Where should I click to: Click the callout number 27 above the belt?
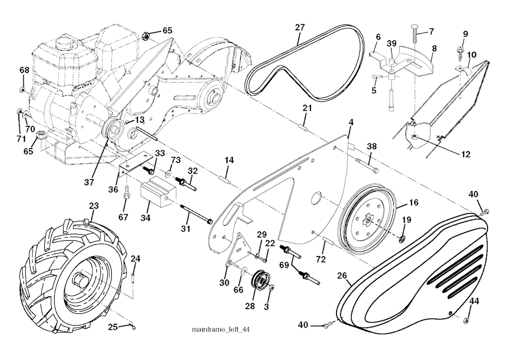click(299, 27)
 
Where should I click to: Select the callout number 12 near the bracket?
click(466, 155)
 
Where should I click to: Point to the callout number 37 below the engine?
click(88, 182)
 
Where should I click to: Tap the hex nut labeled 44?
click(468, 319)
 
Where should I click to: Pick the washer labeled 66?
click(243, 271)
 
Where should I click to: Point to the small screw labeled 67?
click(126, 191)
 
